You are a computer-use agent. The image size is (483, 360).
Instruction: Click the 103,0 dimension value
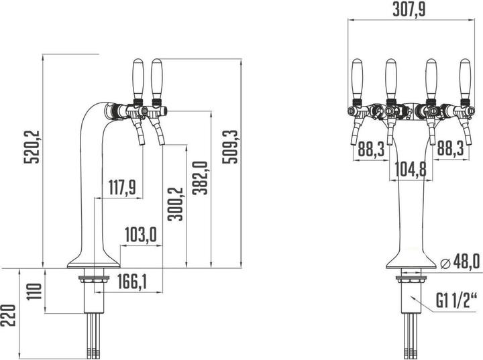(x=140, y=235)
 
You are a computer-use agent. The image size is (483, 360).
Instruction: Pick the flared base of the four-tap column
(x=409, y=258)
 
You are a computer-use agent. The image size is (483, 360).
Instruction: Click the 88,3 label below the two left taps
(x=371, y=149)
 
